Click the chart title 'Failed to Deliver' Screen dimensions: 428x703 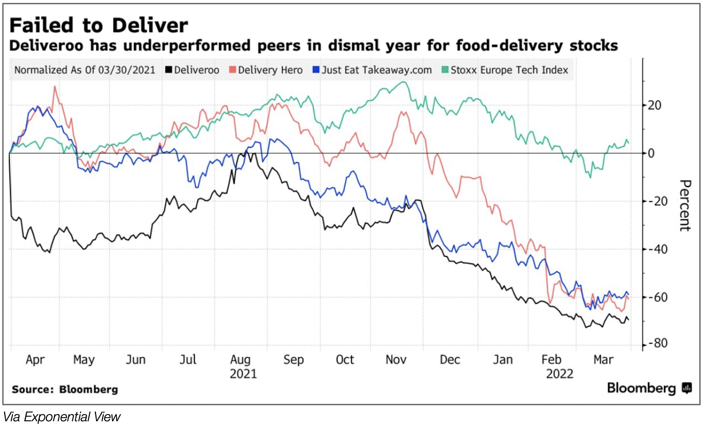pos(99,25)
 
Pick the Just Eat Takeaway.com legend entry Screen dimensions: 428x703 pos(372,70)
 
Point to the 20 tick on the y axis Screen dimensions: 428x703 pos(654,105)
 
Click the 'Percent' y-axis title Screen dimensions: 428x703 pos(684,205)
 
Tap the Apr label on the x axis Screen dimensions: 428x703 pos(36,360)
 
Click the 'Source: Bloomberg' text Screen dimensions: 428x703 pos(65,389)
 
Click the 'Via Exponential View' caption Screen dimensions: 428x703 pos(61,417)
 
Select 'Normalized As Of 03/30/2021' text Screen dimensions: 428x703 pos(85,70)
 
